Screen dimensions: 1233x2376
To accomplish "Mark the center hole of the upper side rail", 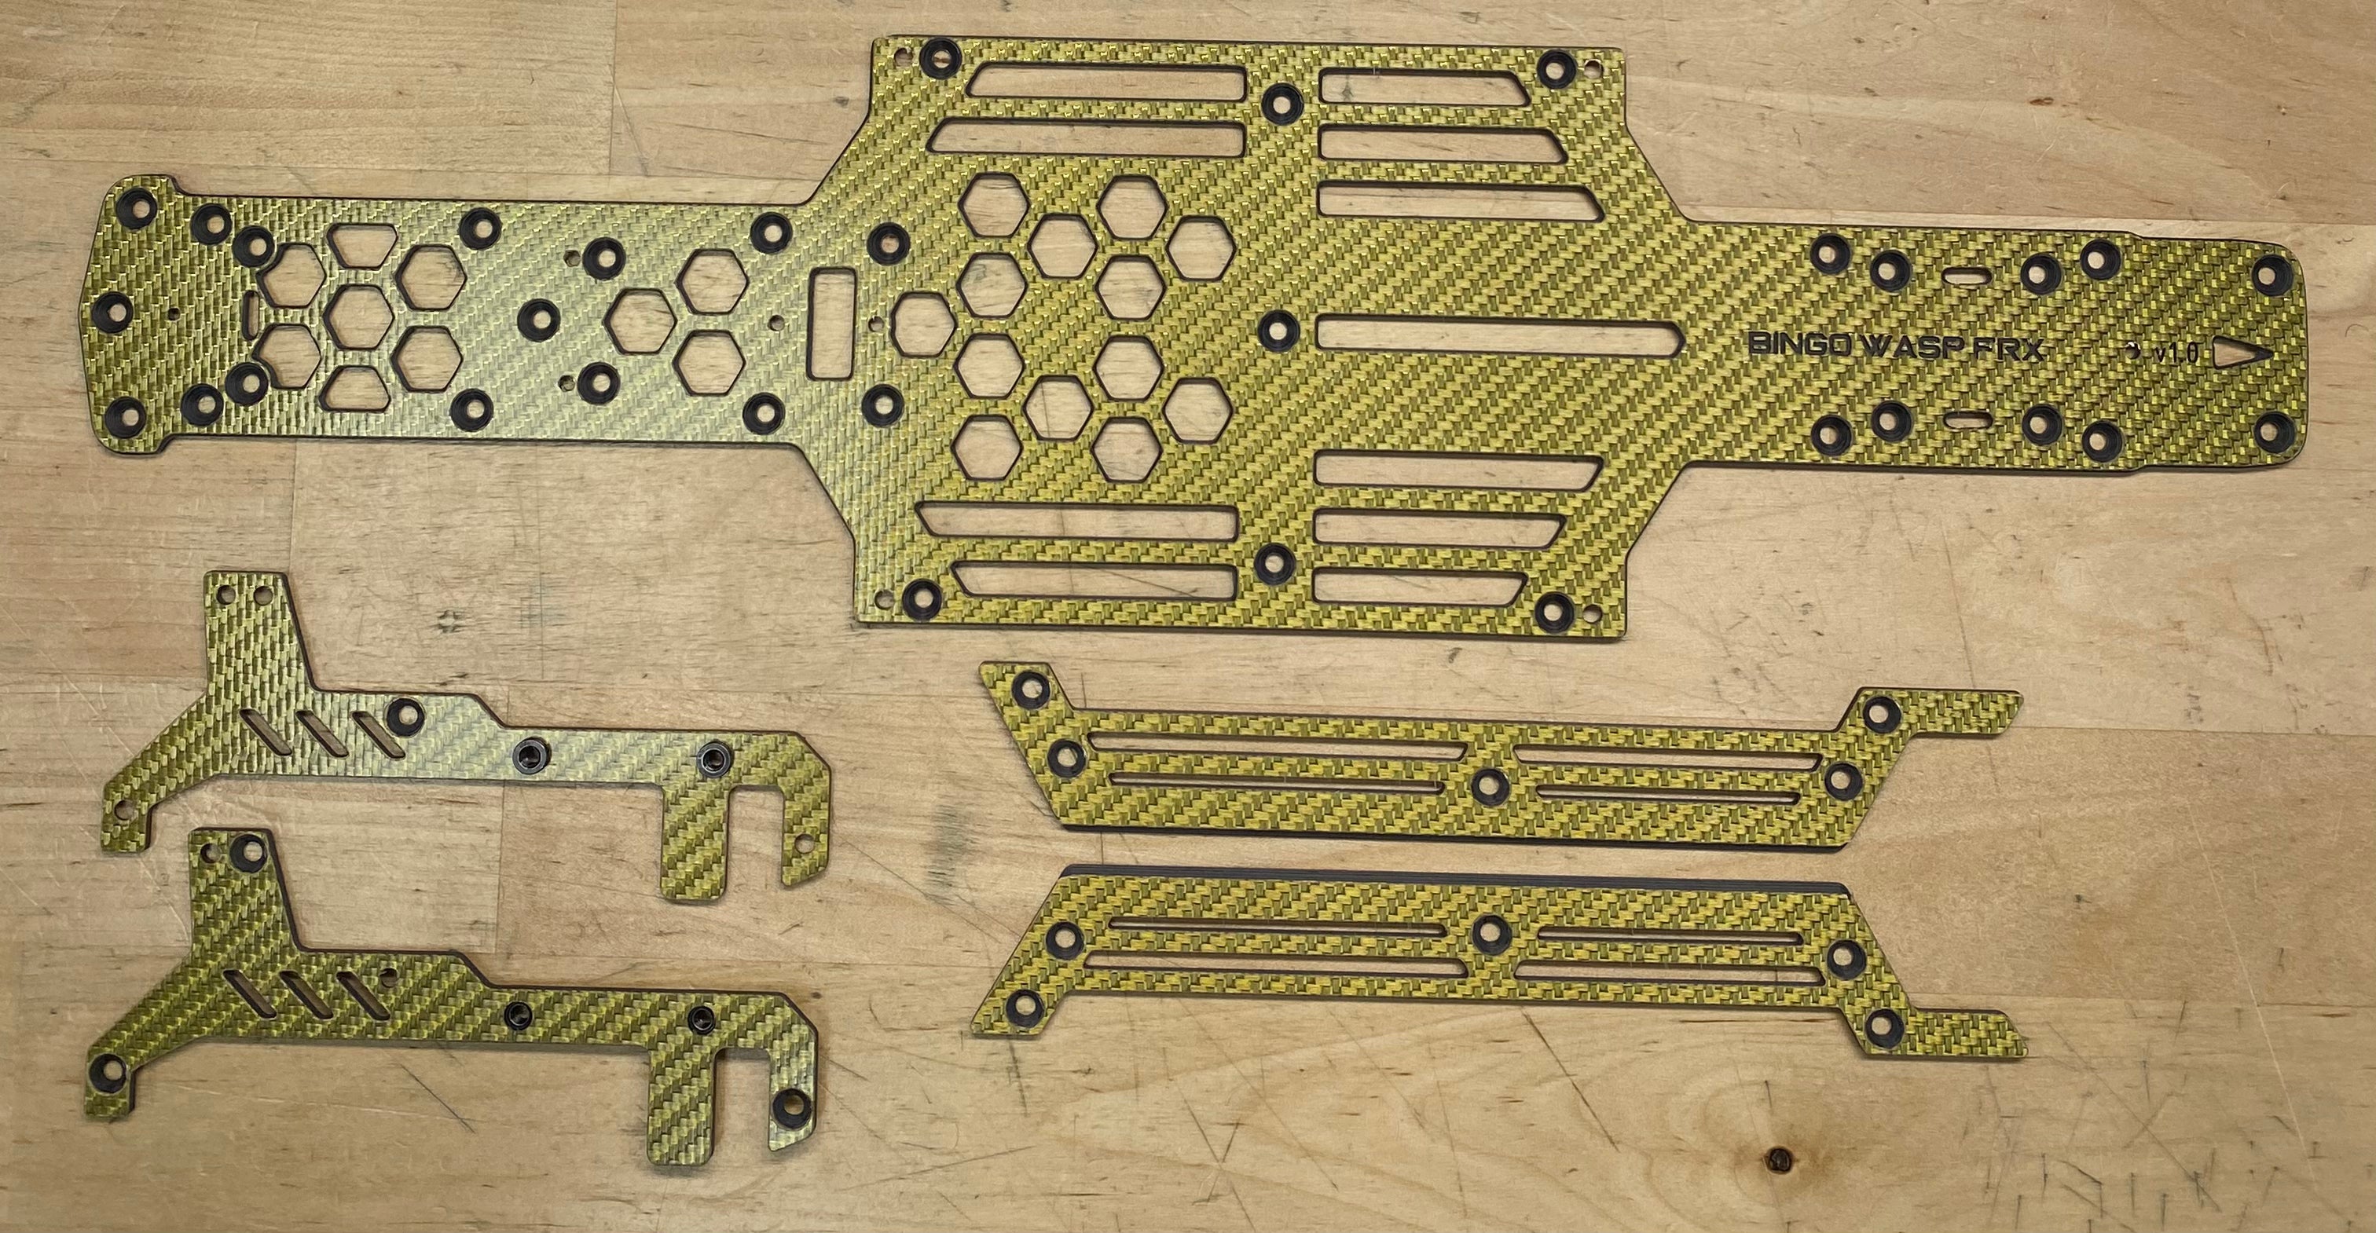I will (x=1487, y=785).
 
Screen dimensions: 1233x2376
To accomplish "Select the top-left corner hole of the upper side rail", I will (x=1029, y=687).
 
